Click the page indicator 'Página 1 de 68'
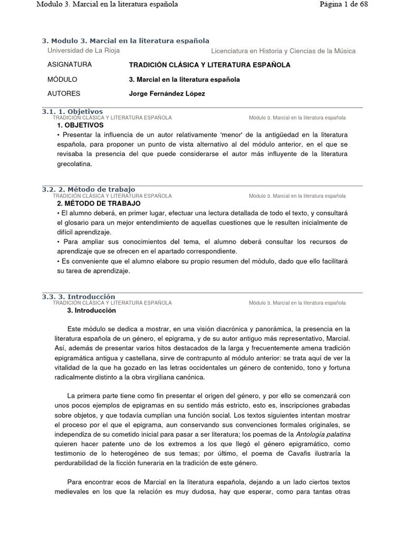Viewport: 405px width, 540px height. [344, 5]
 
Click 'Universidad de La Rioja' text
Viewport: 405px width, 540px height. [83, 51]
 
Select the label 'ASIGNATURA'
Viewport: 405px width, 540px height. [70, 65]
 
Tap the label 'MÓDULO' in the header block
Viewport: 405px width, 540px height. [62, 80]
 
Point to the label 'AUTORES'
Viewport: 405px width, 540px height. [64, 94]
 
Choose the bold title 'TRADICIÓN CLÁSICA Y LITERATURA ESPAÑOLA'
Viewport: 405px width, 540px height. [209, 65]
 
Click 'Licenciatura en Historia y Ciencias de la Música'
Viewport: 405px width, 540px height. [283, 51]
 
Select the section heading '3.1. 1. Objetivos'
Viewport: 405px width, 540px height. [72, 111]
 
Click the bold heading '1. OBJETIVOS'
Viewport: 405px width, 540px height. [80, 126]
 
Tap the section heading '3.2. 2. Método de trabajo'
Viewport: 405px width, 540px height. [89, 189]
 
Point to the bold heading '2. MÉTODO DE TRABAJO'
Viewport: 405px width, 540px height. [99, 203]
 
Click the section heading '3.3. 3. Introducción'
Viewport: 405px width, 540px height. [78, 297]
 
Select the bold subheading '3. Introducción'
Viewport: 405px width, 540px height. [91, 311]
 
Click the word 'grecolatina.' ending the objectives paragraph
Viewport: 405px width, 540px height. [74, 164]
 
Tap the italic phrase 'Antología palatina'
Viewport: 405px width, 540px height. [323, 434]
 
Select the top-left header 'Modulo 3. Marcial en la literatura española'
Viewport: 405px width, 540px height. [107, 5]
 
